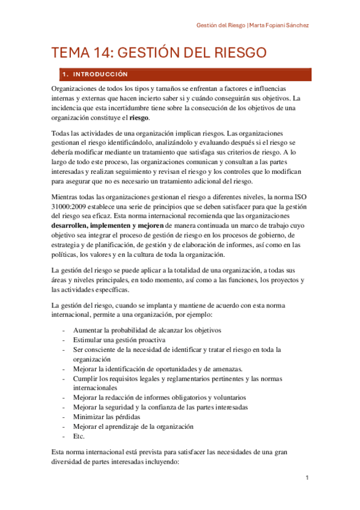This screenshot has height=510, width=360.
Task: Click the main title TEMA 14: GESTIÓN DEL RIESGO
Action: coord(159,53)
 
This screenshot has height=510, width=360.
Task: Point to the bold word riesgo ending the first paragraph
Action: coord(139,118)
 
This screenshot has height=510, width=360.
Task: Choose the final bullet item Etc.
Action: coord(79,436)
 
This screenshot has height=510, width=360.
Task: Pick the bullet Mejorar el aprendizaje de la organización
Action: coord(133,426)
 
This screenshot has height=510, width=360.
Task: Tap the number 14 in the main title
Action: coord(94,53)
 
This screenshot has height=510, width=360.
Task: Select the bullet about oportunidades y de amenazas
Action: coord(157,369)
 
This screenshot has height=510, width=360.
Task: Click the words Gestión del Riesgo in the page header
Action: coord(220,26)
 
